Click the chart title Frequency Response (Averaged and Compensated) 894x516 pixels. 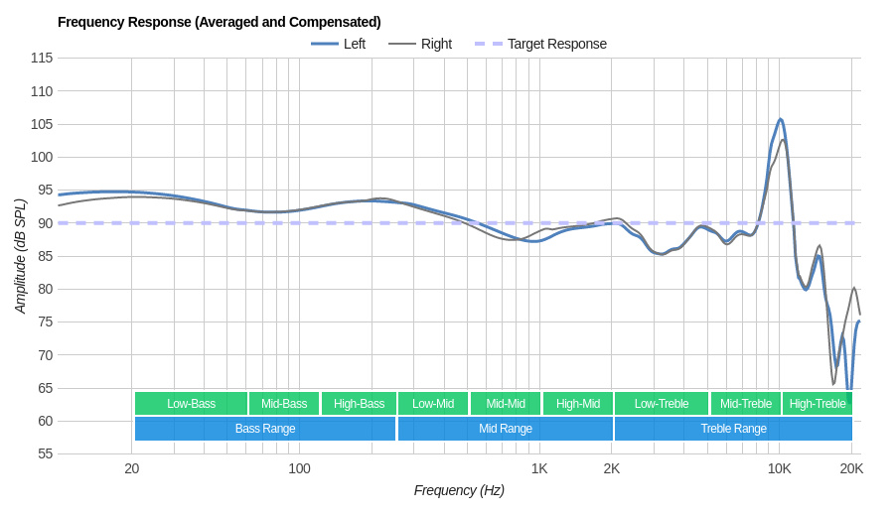(x=219, y=22)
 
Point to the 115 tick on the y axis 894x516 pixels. (x=42, y=58)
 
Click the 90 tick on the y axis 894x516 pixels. (x=45, y=223)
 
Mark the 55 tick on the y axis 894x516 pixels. (x=45, y=453)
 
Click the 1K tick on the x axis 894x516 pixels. (x=539, y=468)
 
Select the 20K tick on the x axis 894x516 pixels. (x=851, y=468)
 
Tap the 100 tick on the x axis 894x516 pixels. (x=299, y=468)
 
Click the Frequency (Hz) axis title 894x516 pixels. (x=459, y=490)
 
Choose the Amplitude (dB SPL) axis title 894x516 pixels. (x=20, y=256)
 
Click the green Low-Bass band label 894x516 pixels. (x=191, y=403)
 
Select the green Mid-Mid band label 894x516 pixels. (x=506, y=403)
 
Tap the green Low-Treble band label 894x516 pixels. (x=662, y=403)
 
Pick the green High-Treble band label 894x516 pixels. (x=818, y=403)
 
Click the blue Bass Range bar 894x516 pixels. (x=265, y=429)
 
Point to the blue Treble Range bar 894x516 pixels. (x=733, y=429)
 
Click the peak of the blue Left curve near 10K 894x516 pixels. (x=781, y=120)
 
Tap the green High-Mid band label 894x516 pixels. (x=578, y=403)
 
